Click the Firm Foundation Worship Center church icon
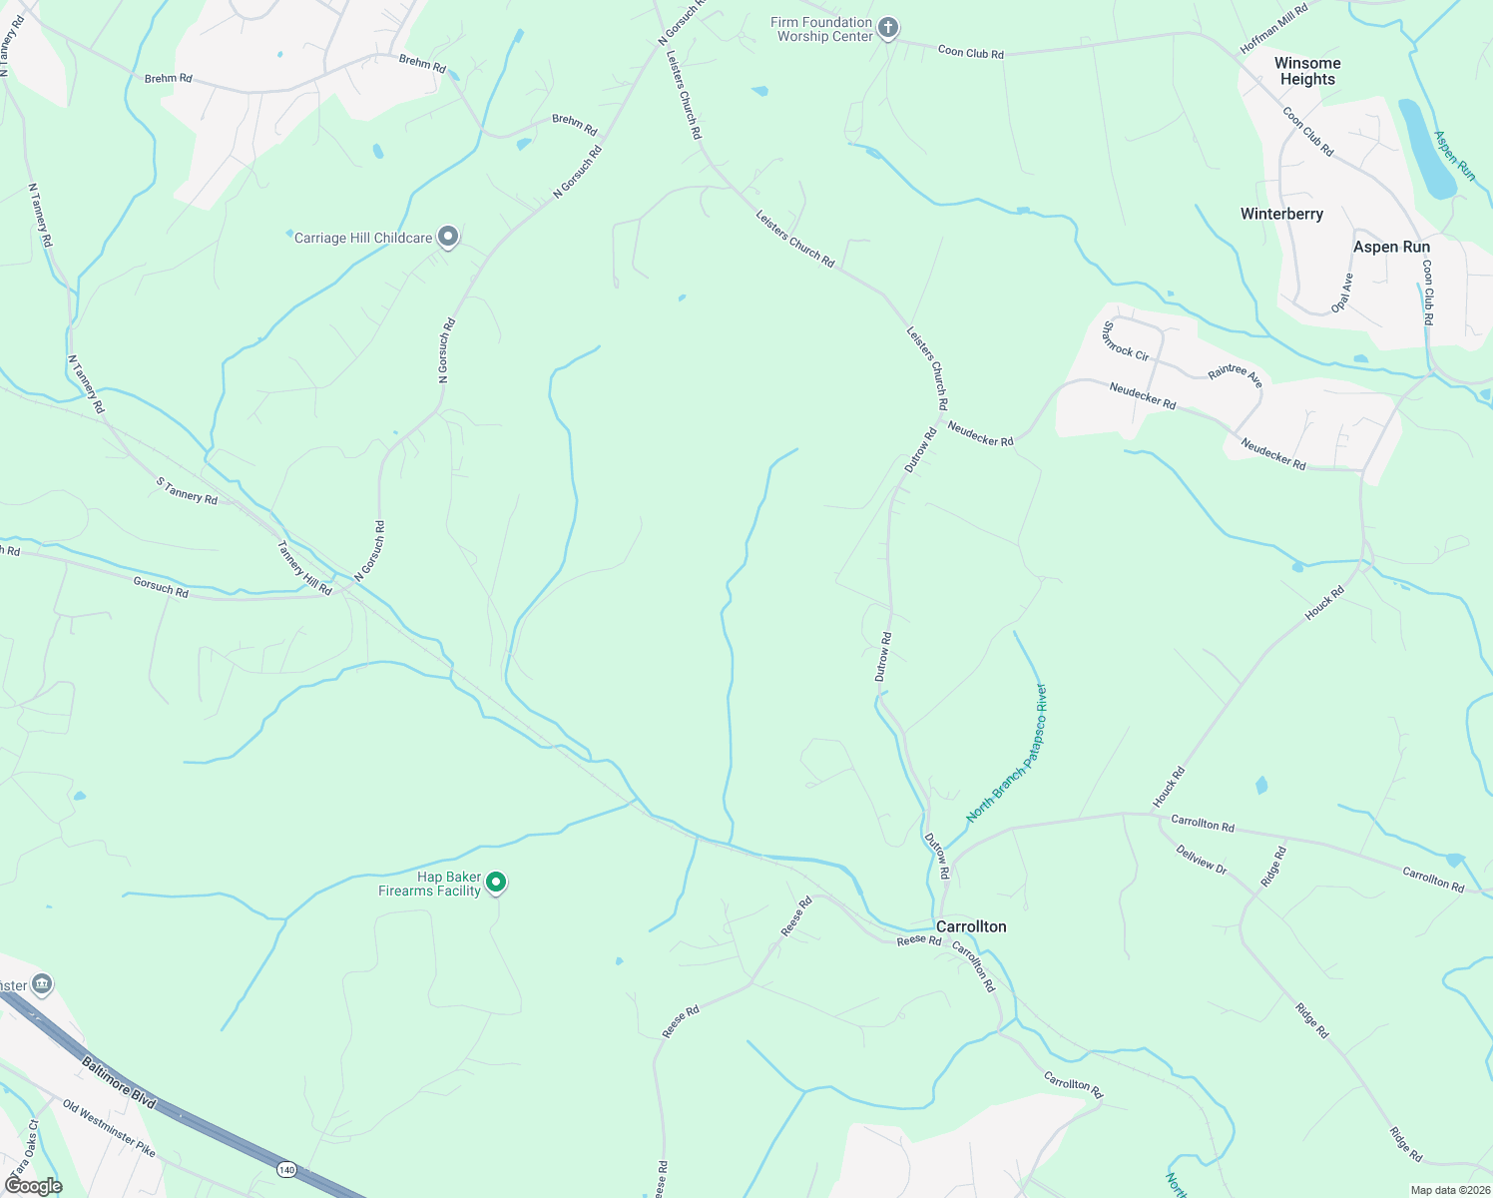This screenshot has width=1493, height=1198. (888, 29)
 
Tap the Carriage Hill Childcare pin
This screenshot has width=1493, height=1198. (448, 237)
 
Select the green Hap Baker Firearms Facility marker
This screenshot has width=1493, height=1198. (496, 883)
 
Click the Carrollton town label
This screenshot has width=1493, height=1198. (971, 926)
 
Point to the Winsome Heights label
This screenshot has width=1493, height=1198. (1307, 71)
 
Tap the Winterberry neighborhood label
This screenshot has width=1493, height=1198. (1281, 214)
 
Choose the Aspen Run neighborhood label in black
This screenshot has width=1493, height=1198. (1391, 247)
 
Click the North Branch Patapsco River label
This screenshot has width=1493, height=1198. (1007, 754)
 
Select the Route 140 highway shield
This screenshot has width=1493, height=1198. (287, 1168)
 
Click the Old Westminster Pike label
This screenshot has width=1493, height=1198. (109, 1128)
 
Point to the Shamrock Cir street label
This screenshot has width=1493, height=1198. (1125, 340)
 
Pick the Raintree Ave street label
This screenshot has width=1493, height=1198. (1235, 375)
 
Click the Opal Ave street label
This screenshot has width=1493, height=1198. (1343, 293)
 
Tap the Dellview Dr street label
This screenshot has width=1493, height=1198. (1201, 860)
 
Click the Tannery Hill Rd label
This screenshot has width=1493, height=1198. (303, 568)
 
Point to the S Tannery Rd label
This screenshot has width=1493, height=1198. (187, 490)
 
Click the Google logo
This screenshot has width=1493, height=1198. (34, 1186)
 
